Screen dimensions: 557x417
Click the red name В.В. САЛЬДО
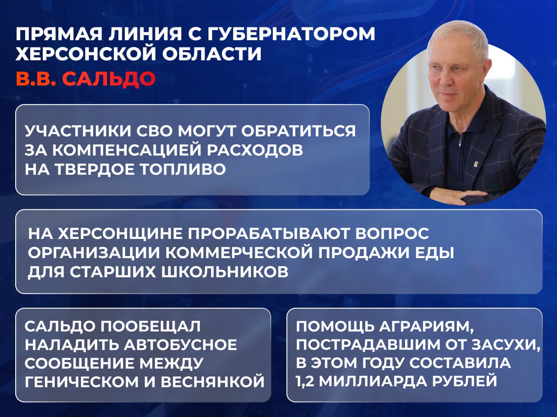pos(86,79)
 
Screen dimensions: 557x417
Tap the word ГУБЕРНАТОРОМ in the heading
pos(291,34)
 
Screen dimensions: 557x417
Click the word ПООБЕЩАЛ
pos(151,326)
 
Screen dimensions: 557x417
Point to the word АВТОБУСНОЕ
pos(181,345)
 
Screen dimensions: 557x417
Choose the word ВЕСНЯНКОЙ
pos(213,382)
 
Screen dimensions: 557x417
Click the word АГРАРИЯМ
pos(426,326)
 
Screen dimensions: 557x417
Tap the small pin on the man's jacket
pos(476,164)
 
